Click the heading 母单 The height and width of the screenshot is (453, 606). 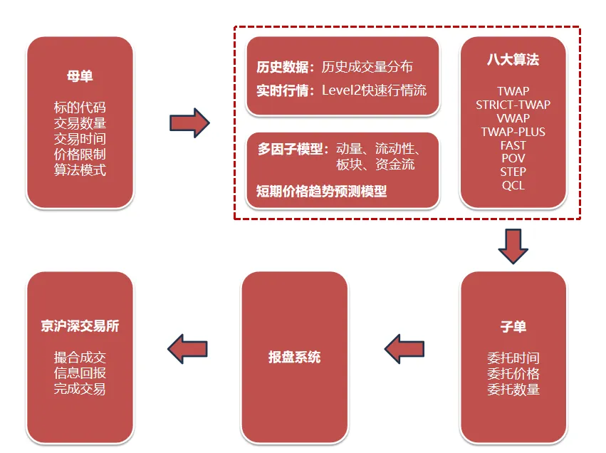click(x=80, y=76)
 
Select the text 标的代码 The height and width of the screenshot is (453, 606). click(x=80, y=108)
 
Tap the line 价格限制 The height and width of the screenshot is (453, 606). click(x=80, y=155)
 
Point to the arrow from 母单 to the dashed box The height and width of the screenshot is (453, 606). click(x=189, y=123)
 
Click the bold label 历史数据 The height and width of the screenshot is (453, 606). click(x=283, y=68)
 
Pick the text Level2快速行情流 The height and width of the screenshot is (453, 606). click(x=374, y=90)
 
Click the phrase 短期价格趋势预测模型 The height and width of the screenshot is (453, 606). click(x=321, y=191)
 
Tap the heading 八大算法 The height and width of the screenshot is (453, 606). click(x=513, y=60)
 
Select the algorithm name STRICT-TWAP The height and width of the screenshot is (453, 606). click(x=513, y=105)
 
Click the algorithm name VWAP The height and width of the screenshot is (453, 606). click(x=513, y=118)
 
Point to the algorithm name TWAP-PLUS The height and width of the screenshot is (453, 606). click(x=513, y=132)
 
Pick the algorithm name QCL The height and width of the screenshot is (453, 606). click(x=513, y=185)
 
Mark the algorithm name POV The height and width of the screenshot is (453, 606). click(x=513, y=158)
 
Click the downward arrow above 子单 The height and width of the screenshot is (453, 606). click(x=513, y=246)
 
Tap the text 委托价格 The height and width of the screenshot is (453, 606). click(x=513, y=374)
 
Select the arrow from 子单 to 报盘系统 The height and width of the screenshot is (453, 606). click(x=404, y=348)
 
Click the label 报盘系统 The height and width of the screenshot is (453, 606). click(x=294, y=357)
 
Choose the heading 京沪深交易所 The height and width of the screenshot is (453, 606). click(x=80, y=327)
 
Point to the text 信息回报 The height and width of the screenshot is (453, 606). click(x=80, y=374)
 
